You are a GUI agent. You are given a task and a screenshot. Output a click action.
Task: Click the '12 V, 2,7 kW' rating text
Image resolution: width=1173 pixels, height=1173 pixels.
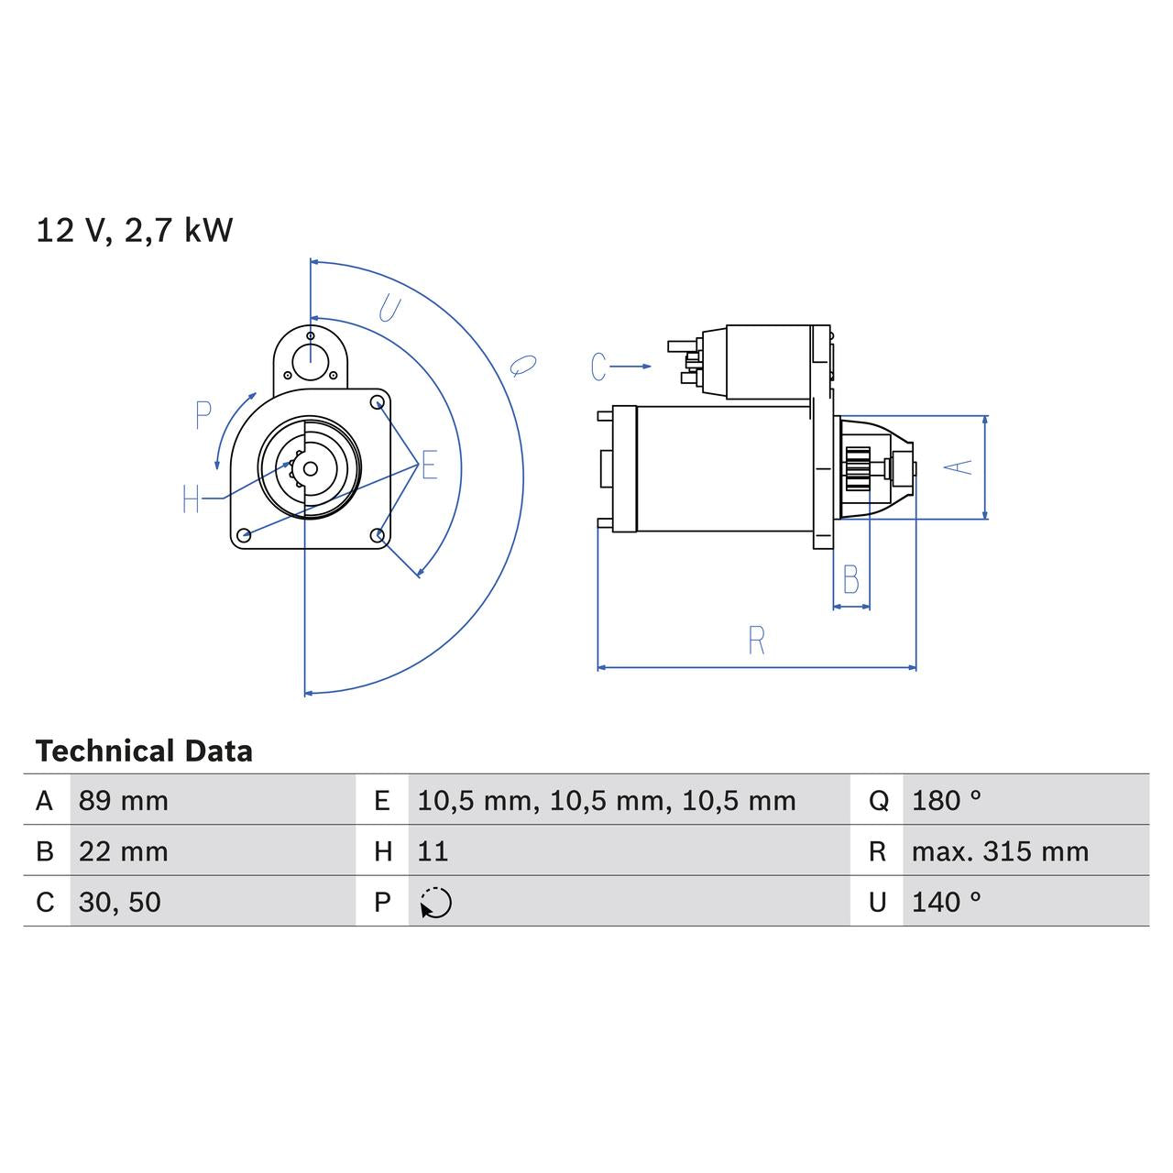click(135, 230)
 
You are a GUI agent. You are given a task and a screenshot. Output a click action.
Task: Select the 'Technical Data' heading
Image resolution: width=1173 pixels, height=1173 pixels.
click(144, 751)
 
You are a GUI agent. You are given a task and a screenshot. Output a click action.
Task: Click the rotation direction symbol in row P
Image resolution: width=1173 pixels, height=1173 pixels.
click(436, 903)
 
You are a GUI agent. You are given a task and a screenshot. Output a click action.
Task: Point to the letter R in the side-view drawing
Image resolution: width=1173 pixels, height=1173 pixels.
click(756, 641)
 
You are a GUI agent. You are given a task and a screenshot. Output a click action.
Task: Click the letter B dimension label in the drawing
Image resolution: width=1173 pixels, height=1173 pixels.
click(850, 579)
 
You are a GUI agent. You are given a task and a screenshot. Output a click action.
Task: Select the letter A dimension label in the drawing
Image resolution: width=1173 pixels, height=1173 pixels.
click(959, 466)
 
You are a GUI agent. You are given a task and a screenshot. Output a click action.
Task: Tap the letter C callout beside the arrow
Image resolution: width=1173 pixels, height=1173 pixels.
click(598, 367)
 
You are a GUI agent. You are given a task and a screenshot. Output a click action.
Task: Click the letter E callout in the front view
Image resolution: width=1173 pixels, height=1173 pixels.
click(429, 466)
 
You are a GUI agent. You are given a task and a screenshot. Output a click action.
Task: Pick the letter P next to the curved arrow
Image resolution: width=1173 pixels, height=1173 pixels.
click(203, 416)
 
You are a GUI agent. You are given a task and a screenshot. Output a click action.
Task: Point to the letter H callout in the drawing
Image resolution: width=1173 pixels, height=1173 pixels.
click(191, 499)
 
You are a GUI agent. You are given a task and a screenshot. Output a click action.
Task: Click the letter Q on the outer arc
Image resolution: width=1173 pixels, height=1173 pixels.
click(521, 366)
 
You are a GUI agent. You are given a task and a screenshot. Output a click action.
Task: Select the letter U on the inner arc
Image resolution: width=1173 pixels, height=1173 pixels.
click(389, 311)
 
